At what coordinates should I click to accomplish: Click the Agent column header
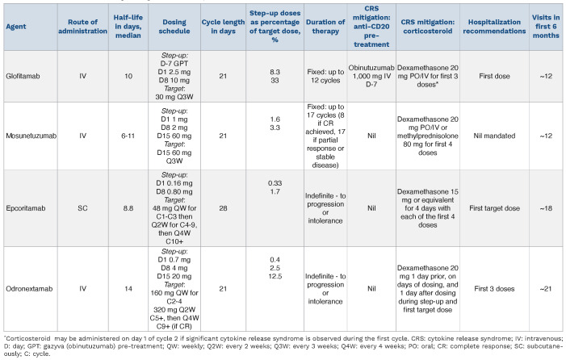(16, 27)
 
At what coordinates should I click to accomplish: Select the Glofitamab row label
(23, 76)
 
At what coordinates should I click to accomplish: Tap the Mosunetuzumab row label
(31, 136)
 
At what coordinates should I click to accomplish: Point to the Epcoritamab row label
(26, 208)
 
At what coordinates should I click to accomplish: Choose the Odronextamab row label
(29, 289)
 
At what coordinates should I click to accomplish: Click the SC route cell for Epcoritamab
(82, 208)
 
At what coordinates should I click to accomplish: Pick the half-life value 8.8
(128, 208)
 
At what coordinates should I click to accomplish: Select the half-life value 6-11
(128, 136)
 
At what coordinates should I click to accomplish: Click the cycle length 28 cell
(223, 208)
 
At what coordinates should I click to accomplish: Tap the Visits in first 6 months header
(546, 27)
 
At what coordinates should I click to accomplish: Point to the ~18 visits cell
(546, 208)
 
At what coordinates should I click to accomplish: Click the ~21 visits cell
(546, 289)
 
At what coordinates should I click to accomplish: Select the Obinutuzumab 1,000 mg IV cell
(371, 76)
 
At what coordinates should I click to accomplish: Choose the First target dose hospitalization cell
(494, 208)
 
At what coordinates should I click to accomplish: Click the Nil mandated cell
(494, 136)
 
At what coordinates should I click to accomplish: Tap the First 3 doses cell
(494, 289)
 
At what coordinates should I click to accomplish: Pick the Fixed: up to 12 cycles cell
(325, 76)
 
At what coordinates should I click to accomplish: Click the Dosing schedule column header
(174, 27)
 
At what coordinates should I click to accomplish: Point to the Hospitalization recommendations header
(494, 27)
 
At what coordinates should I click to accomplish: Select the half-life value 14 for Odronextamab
(128, 289)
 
